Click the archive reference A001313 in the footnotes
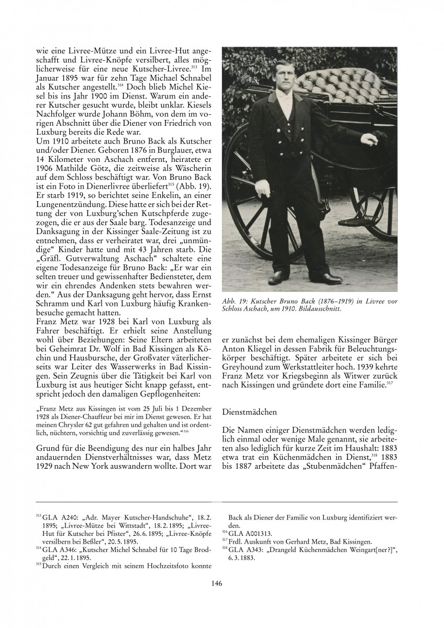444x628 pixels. pyautogui.click(x=261, y=531)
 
